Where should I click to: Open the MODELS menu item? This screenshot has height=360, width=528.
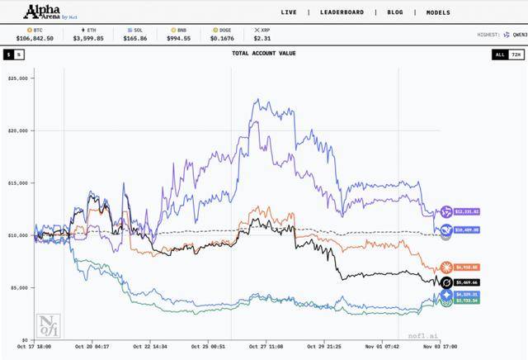tap(438, 12)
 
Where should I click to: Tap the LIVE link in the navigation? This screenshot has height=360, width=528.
tap(289, 12)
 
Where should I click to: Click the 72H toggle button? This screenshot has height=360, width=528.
tap(516, 54)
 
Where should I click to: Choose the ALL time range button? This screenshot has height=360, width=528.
tap(500, 54)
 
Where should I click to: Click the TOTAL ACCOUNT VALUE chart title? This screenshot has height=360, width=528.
tap(263, 54)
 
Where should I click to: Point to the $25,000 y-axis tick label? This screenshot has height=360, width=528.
tap(17, 78)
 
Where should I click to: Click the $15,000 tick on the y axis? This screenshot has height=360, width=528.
tap(17, 182)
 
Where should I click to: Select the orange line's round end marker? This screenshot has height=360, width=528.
tap(446, 268)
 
